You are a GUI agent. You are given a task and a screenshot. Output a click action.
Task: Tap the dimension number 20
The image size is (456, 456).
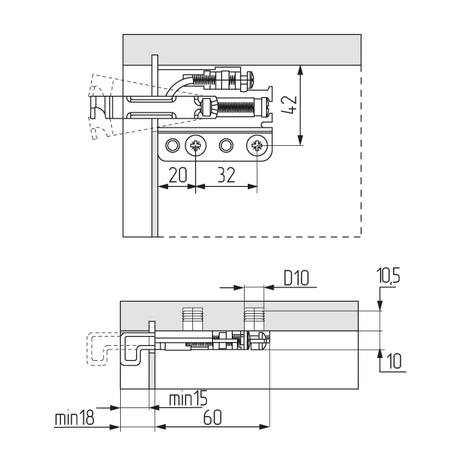point(176,174)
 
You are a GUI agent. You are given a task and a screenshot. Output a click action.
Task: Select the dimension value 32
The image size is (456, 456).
point(226,174)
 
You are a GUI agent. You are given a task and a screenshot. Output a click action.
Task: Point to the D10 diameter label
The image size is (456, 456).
point(297,278)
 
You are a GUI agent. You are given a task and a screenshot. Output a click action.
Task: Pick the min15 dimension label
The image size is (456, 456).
point(188,397)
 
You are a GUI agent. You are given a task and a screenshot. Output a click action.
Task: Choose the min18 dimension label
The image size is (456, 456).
point(74,419)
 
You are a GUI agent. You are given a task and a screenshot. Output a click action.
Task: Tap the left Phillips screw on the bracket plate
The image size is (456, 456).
point(197,144)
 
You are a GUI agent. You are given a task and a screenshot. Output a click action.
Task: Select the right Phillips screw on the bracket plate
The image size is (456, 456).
point(257,144)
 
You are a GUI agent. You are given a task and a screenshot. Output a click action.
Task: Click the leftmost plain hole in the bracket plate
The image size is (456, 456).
point(174,144)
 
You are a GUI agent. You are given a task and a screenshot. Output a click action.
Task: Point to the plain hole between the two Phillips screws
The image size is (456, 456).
point(226,144)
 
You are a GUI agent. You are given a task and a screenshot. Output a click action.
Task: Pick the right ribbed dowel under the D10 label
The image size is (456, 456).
point(254,316)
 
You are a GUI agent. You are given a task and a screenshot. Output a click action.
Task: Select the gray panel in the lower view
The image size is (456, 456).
point(304,315)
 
